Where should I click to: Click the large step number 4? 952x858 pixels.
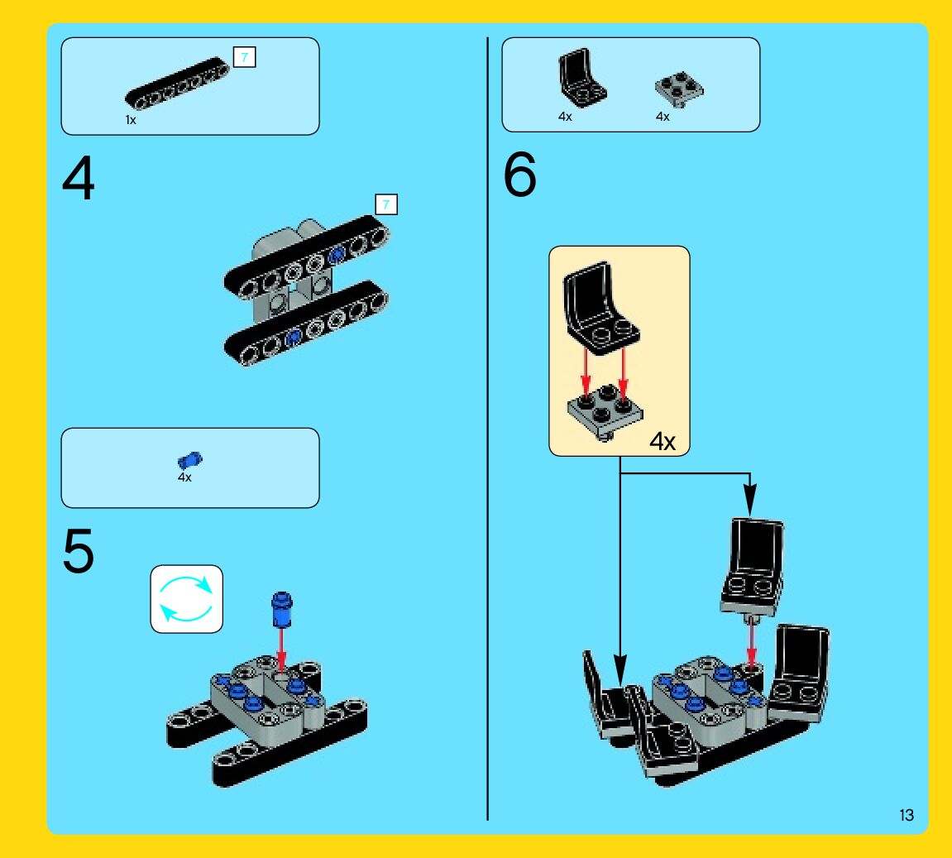pyautogui.click(x=78, y=180)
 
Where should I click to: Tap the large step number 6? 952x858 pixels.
pyautogui.click(x=520, y=177)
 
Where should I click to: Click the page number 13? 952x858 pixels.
pyautogui.click(x=907, y=816)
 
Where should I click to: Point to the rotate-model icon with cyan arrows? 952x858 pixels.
pyautogui.click(x=186, y=599)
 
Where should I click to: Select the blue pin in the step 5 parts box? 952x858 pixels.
pyautogui.click(x=189, y=459)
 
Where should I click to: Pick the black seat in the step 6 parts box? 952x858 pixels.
pyautogui.click(x=582, y=80)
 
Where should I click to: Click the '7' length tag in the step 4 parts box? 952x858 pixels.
pyautogui.click(x=245, y=57)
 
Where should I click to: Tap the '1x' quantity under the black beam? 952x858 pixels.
pyautogui.click(x=131, y=121)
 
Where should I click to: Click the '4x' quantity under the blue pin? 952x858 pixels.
pyautogui.click(x=184, y=477)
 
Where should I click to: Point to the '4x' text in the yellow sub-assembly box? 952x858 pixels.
pyautogui.click(x=662, y=441)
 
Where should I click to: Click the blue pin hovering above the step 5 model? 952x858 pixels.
pyautogui.click(x=281, y=609)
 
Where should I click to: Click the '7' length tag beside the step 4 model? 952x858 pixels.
pyautogui.click(x=386, y=204)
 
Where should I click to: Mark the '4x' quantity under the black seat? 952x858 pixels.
pyautogui.click(x=565, y=117)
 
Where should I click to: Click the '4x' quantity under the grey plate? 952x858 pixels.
pyautogui.click(x=663, y=117)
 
